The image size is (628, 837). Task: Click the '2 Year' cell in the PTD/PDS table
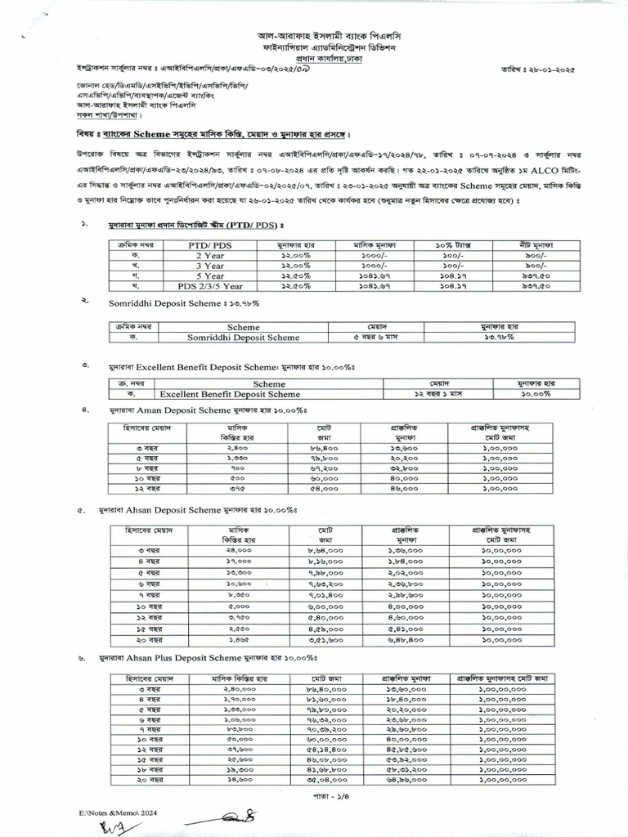(x=209, y=255)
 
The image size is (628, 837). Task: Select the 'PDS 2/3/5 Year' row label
(x=209, y=287)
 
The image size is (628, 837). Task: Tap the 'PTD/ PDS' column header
(x=209, y=244)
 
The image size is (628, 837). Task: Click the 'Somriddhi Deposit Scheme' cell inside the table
(x=243, y=337)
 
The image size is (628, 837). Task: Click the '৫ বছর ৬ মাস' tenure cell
(x=377, y=337)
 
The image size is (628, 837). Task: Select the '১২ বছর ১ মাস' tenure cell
(x=434, y=394)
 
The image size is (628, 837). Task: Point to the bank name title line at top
(x=314, y=38)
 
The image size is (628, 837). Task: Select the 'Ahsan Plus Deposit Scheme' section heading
(x=182, y=657)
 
